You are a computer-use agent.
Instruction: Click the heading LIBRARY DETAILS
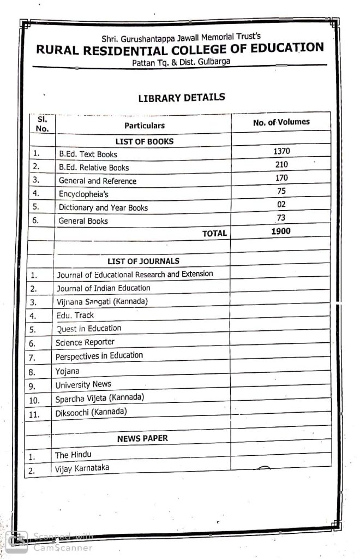click(x=181, y=98)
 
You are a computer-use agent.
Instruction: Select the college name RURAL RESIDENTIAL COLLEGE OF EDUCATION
click(x=179, y=50)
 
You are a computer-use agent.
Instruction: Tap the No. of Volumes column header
click(x=281, y=122)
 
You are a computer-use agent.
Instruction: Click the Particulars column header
click(x=144, y=126)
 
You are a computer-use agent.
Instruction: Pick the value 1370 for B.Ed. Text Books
click(x=281, y=151)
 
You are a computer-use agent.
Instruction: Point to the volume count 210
click(x=281, y=164)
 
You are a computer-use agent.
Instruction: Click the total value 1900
click(x=281, y=231)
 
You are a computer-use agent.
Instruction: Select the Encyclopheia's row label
click(x=82, y=194)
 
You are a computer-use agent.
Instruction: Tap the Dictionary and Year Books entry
click(x=103, y=207)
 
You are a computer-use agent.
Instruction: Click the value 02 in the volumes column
click(x=281, y=204)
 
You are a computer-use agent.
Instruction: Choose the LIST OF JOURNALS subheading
click(x=143, y=261)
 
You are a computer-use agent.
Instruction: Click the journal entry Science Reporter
click(x=85, y=342)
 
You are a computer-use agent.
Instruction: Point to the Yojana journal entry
click(x=67, y=371)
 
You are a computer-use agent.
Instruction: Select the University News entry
click(x=83, y=384)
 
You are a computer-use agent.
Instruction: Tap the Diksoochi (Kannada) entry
click(x=91, y=412)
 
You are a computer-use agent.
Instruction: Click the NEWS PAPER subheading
click(x=142, y=438)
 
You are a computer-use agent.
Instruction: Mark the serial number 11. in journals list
click(x=34, y=414)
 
